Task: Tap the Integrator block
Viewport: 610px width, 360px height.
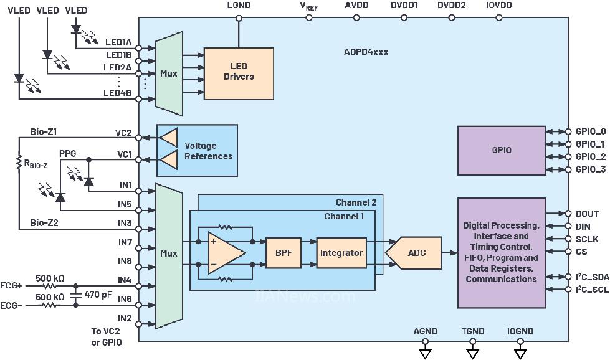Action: pos(341,253)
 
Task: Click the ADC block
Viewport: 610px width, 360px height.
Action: pos(416,253)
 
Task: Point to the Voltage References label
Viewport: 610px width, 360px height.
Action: pos(208,151)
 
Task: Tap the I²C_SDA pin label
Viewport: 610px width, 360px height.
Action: pos(589,277)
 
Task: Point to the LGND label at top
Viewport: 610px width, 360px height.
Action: pos(238,6)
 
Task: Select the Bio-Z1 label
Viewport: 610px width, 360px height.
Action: pos(43,132)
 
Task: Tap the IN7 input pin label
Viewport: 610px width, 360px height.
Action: pos(125,242)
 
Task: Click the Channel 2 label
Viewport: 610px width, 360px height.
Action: pos(356,202)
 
